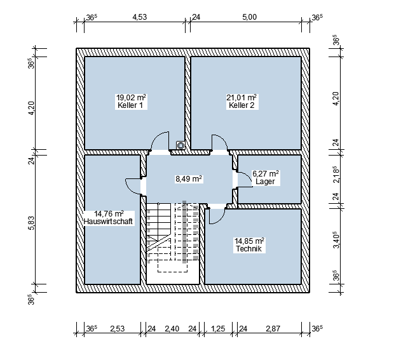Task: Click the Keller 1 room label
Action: [130, 105]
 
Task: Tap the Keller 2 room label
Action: [242, 105]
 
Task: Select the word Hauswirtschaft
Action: [108, 222]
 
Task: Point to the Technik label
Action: [248, 249]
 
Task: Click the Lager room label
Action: [265, 182]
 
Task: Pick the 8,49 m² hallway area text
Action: [189, 179]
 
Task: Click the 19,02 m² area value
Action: [132, 98]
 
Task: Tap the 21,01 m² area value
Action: [242, 98]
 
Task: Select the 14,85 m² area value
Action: [249, 241]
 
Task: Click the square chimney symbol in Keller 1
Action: [180, 145]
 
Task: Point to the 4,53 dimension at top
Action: [139, 17]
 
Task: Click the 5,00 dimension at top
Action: [249, 17]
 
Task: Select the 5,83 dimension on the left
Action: [31, 223]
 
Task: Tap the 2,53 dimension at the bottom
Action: [117, 329]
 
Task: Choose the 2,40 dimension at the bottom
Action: [172, 329]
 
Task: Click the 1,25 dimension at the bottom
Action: [218, 329]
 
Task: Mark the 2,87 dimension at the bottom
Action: [273, 329]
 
